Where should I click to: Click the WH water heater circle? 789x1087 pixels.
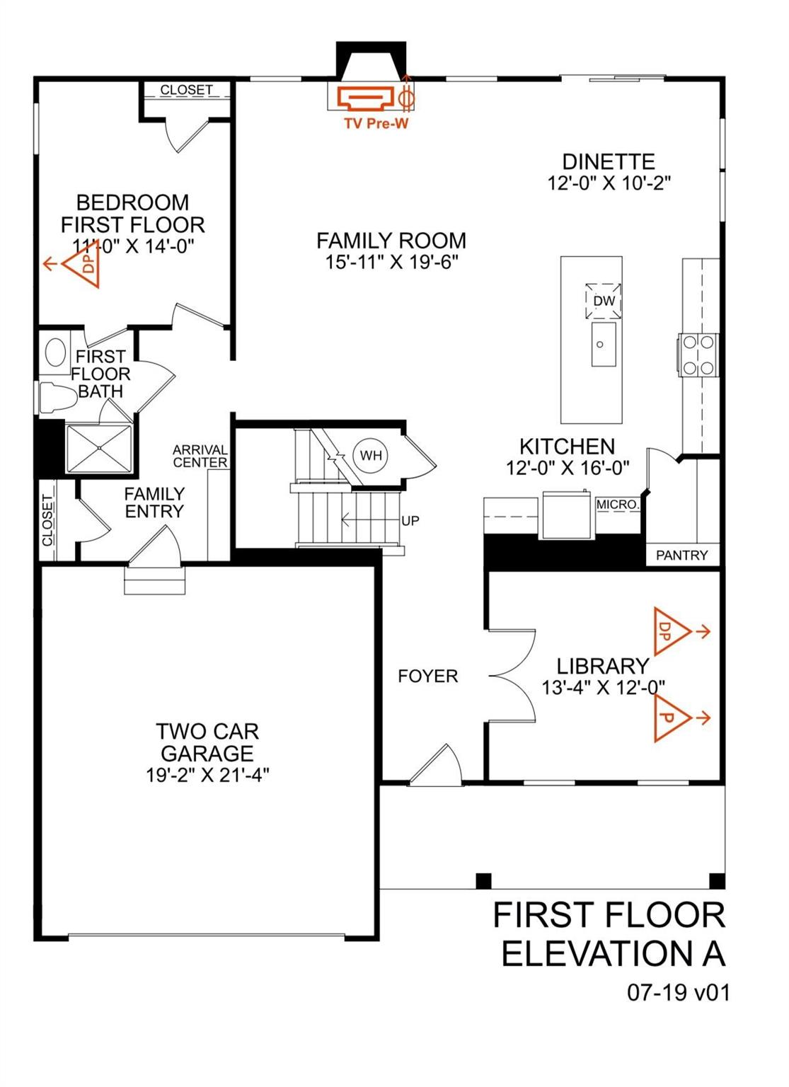click(371, 455)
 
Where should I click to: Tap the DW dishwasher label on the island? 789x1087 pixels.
click(604, 301)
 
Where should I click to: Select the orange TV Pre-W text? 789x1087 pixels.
click(376, 124)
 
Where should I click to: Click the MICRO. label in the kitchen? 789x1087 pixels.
click(618, 505)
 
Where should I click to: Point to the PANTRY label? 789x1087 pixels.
click(681, 556)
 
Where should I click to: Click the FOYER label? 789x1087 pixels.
click(427, 677)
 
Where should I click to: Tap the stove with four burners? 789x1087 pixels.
click(698, 355)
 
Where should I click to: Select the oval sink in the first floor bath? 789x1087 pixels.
click(55, 352)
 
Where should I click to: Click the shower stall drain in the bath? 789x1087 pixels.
click(99, 448)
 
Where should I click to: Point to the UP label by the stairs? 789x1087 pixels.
click(410, 521)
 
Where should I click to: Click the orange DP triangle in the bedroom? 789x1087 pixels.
click(83, 265)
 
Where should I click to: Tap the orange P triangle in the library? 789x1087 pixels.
click(669, 718)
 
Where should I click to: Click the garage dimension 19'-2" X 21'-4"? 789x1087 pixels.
click(207, 775)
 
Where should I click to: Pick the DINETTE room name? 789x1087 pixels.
click(609, 161)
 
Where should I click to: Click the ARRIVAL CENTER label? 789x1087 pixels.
click(200, 456)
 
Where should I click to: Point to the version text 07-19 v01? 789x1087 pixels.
click(677, 993)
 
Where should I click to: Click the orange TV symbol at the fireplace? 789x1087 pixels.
click(364, 97)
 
